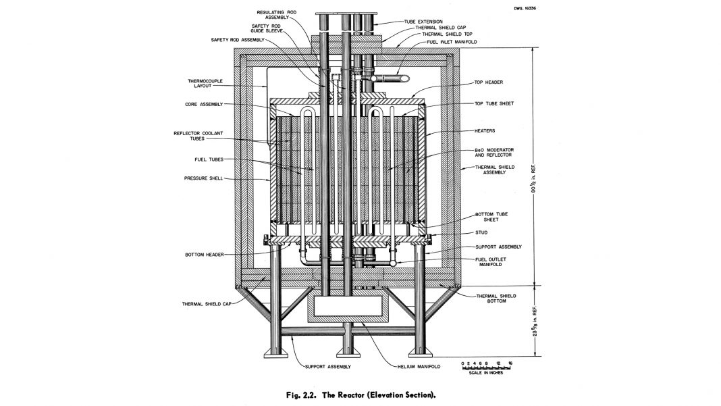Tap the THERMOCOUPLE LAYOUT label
click(x=206, y=84)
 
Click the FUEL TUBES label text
click(x=206, y=160)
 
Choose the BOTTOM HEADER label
click(x=204, y=255)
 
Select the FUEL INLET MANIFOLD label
click(x=450, y=42)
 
